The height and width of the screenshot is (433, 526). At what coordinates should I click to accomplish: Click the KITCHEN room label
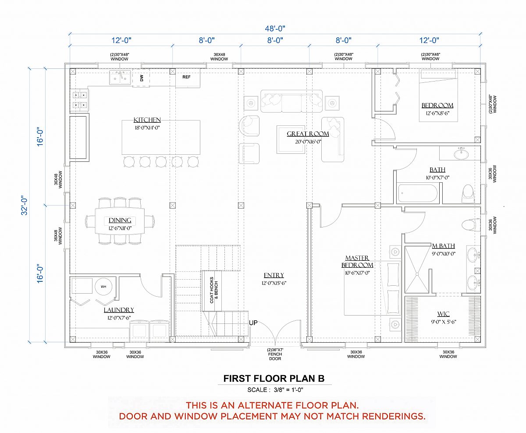click(x=147, y=120)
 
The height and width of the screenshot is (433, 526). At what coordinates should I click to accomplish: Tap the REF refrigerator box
click(x=188, y=78)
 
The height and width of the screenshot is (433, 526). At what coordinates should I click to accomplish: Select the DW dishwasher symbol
click(x=141, y=78)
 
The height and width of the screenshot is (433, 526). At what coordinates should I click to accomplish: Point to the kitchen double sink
click(x=120, y=78)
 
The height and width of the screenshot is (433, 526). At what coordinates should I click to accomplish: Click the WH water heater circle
click(x=103, y=287)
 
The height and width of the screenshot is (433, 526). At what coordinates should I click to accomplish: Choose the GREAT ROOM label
click(x=308, y=134)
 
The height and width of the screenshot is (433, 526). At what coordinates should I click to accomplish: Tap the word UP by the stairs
click(x=253, y=323)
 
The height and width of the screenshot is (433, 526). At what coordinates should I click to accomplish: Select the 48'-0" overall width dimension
click(x=275, y=28)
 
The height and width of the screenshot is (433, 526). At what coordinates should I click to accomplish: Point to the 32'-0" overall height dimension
click(x=24, y=205)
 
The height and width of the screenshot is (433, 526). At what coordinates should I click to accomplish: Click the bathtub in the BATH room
click(x=418, y=193)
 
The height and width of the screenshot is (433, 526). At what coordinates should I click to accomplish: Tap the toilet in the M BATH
click(x=471, y=225)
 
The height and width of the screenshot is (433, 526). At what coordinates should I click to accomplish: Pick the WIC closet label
click(x=444, y=314)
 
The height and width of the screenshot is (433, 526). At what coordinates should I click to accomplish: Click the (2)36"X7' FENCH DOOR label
click(x=275, y=354)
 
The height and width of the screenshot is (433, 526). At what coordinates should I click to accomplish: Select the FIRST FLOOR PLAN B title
click(x=274, y=379)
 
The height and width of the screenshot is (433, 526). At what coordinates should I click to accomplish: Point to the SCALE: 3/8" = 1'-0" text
click(x=275, y=390)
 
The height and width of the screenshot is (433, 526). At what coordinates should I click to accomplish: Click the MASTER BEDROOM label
click(x=357, y=261)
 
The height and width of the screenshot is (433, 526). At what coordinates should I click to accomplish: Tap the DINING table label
click(x=120, y=220)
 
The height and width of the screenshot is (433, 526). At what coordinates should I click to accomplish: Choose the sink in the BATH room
click(x=461, y=153)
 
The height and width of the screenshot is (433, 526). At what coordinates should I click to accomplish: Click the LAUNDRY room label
click(x=119, y=310)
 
